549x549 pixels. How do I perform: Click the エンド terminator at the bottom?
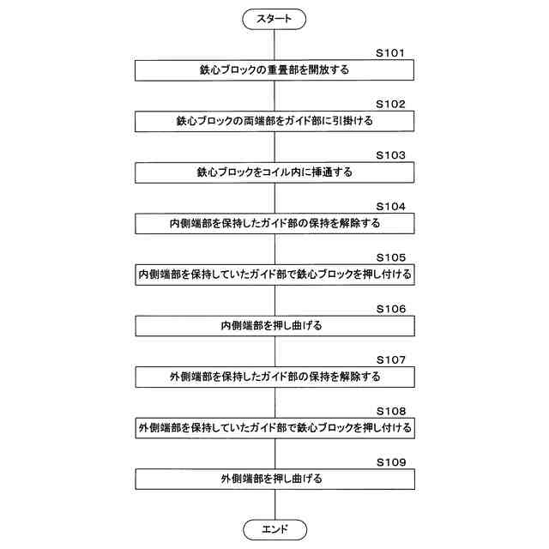tap(274, 528)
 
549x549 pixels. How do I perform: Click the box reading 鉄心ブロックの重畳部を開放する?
tap(274, 70)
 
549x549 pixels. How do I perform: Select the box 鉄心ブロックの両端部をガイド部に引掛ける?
tap(274, 122)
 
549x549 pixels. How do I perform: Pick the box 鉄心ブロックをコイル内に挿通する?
tap(274, 172)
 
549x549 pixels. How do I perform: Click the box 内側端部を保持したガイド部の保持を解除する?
tap(274, 224)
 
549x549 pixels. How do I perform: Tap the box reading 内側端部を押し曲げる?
tap(274, 326)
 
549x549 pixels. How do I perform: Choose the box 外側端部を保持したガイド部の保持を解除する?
tap(274, 377)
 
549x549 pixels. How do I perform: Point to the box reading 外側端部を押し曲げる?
tap(274, 479)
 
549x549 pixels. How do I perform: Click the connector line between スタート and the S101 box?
tap(274, 44)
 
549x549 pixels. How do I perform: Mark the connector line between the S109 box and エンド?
tap(274, 504)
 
